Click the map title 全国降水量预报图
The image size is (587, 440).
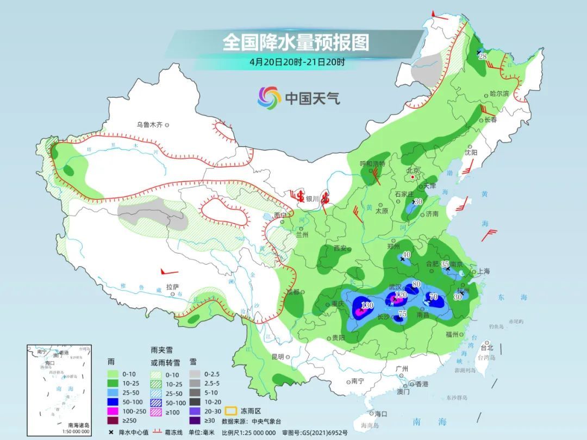[x=296, y=42]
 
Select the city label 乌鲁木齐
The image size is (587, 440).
[x=149, y=124]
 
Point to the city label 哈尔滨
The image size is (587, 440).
[x=499, y=93]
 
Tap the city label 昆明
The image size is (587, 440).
[x=278, y=357]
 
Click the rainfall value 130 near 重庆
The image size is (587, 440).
[x=367, y=305]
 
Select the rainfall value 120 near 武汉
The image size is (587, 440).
[x=401, y=295]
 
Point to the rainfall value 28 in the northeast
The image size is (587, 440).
[x=482, y=56]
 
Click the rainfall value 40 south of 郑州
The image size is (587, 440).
[x=405, y=254]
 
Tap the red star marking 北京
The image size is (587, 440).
[x=413, y=177]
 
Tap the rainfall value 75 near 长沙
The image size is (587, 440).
[x=402, y=313]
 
